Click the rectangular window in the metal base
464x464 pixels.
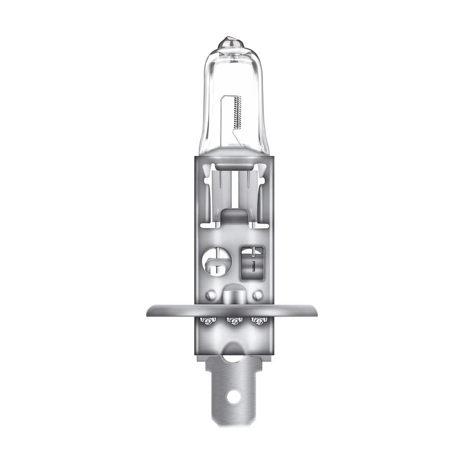point(252,262)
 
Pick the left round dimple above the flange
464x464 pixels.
point(211,295)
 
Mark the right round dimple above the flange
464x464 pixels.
point(258,295)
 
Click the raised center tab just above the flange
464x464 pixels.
point(234,295)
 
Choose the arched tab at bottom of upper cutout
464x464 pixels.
point(234,216)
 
